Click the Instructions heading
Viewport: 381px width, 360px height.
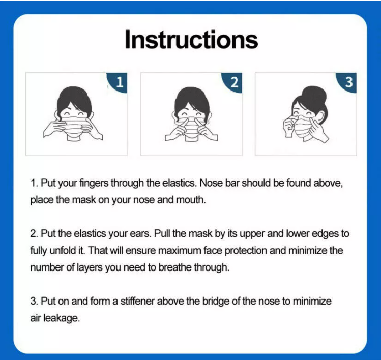tap(191, 40)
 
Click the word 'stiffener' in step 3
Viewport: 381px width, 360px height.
tap(137, 301)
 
